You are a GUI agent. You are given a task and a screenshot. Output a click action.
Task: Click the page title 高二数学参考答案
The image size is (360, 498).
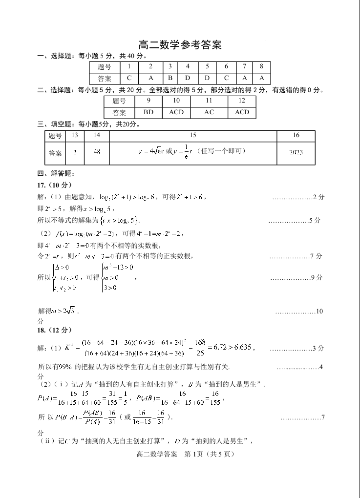point(180,45)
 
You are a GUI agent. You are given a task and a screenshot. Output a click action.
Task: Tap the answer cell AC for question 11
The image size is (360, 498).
point(209,112)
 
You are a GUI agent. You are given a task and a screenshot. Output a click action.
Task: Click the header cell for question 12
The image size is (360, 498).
point(242,101)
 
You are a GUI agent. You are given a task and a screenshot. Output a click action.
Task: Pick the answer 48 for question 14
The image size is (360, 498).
point(97,152)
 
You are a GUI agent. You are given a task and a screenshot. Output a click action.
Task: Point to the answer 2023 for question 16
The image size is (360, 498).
point(296,152)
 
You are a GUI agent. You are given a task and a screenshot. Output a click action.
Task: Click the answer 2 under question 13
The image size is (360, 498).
point(75,152)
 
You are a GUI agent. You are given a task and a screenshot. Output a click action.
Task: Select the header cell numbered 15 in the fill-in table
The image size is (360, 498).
point(193,135)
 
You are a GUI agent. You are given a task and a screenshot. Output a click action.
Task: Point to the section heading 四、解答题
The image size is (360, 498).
point(55,173)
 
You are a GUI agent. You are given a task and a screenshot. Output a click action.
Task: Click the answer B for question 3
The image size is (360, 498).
point(170,78)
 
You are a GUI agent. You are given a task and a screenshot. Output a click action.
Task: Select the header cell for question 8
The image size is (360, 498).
point(262,66)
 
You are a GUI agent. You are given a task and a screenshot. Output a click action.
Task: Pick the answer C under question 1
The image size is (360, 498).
point(129,78)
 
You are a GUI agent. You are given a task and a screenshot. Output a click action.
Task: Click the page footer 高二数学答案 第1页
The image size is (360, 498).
point(180,454)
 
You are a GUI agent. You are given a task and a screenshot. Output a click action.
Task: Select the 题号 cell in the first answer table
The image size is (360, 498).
point(105,67)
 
